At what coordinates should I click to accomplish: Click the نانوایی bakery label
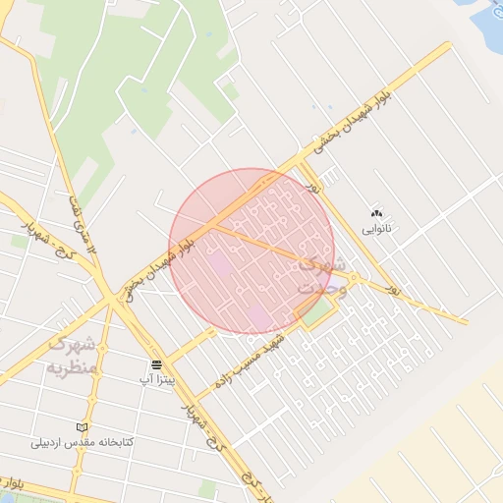pos(376,229)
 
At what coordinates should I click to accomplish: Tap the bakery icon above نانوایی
pos(376,213)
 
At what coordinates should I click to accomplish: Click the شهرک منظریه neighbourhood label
pos(71,356)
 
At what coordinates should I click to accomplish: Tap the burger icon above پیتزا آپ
pos(156,365)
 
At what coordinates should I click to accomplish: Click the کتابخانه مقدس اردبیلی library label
pos(81,442)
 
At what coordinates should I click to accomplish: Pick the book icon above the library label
pos(82,427)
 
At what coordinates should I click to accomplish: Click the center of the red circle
pos(251,251)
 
